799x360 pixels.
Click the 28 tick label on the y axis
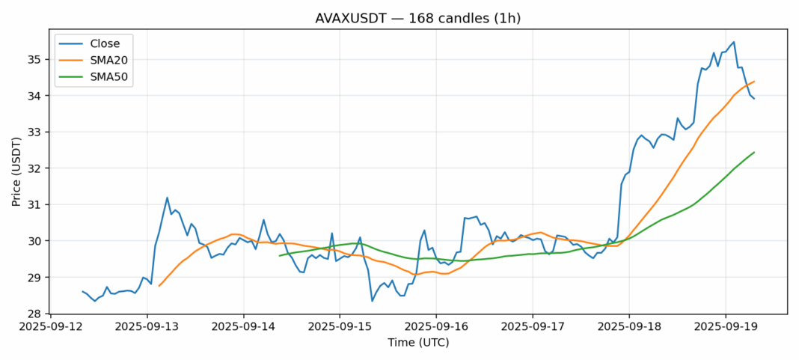(x=34, y=314)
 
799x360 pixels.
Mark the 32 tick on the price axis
(x=34, y=168)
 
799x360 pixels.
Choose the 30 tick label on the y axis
(x=34, y=241)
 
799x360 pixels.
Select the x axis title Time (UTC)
(x=417, y=343)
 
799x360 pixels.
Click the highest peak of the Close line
(x=734, y=42)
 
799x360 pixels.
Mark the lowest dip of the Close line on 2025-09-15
(x=372, y=301)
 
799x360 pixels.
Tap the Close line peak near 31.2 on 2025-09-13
(x=167, y=198)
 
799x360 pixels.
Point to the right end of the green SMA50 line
(x=754, y=152)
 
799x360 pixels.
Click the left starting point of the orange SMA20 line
(x=159, y=286)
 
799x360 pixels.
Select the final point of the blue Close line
(x=754, y=99)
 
